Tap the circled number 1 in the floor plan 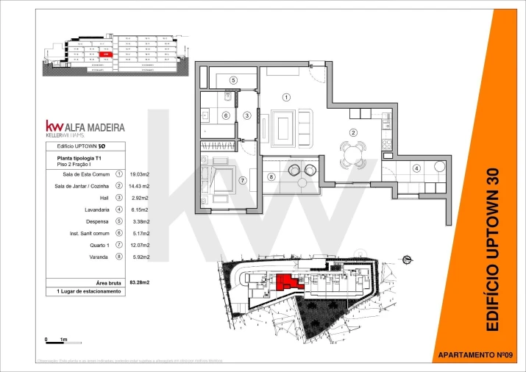[287, 96]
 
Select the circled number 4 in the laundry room [416, 168]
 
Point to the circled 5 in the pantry [232, 80]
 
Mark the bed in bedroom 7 [223, 179]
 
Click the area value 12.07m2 [139, 245]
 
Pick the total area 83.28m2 [139, 282]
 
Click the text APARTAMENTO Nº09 [474, 355]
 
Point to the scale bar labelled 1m [55, 340]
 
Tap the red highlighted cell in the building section [106, 54]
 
